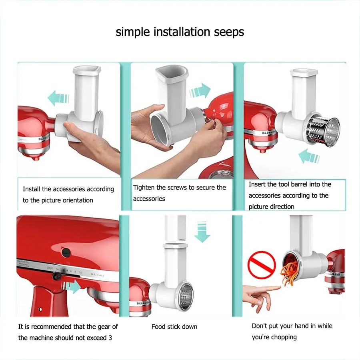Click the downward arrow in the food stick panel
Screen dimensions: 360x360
[x=202, y=232]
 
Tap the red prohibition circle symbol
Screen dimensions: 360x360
[x=262, y=265]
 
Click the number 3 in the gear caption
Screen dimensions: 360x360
[x=110, y=338]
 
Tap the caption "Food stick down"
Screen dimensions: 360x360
[x=174, y=327]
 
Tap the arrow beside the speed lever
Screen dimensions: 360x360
[x=72, y=286]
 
